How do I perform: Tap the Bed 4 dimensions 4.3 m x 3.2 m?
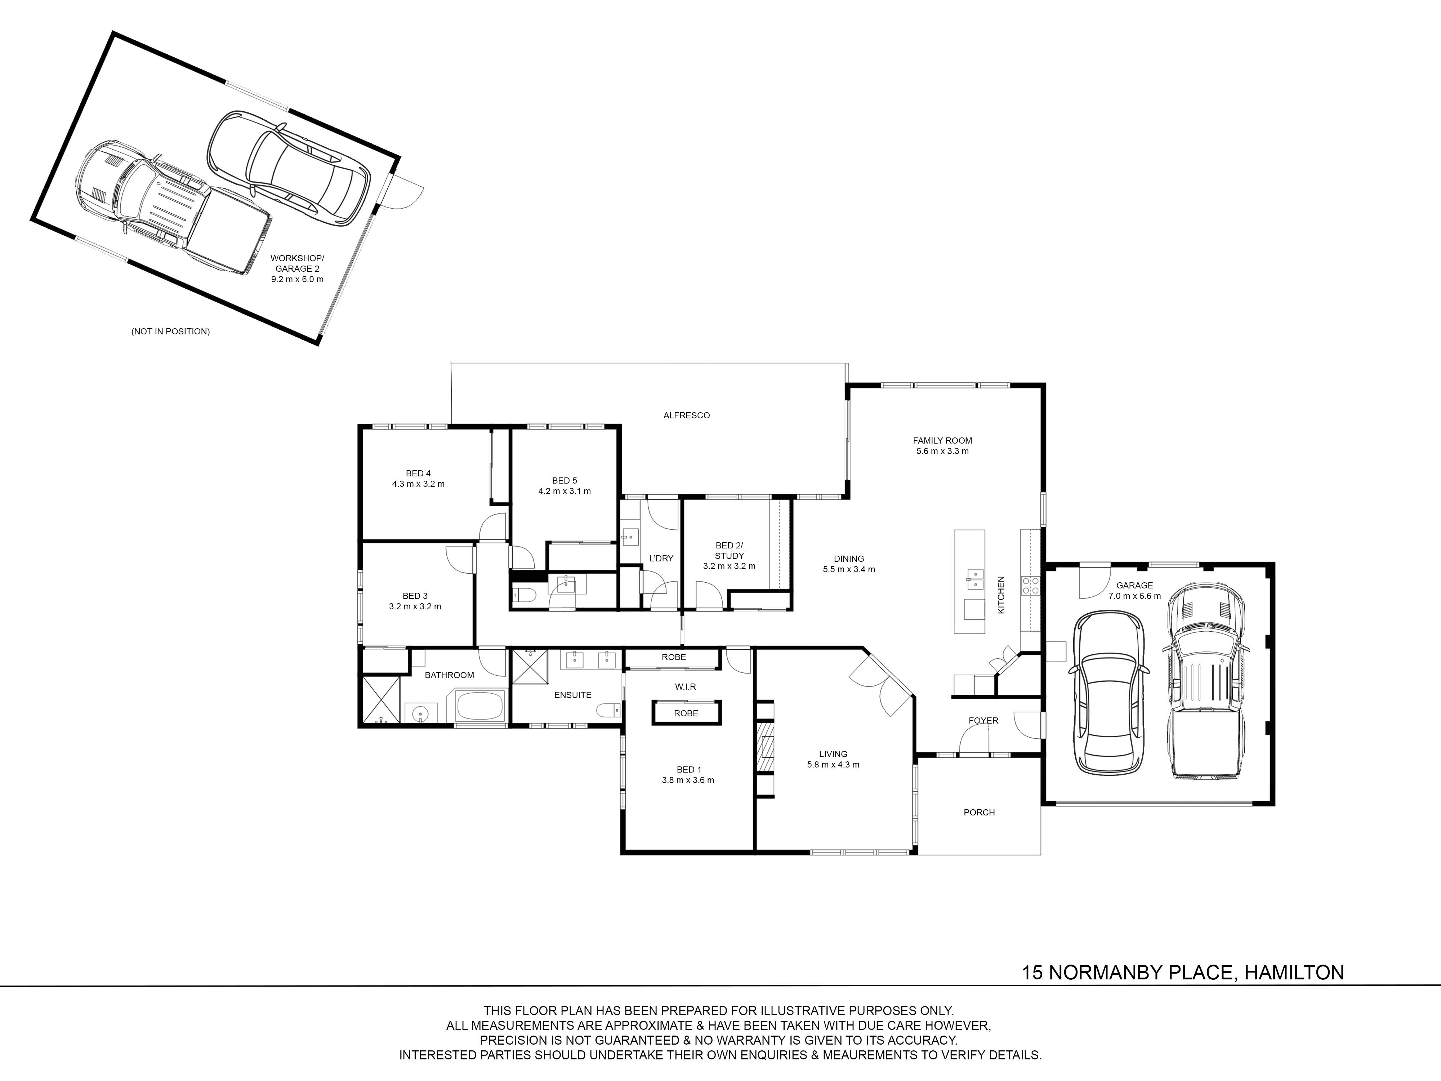click(x=418, y=484)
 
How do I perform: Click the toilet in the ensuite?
click(x=610, y=710)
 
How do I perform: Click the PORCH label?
click(x=979, y=813)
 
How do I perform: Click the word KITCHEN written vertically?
click(x=1001, y=594)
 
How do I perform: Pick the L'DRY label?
click(x=661, y=559)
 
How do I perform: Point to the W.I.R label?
click(x=685, y=687)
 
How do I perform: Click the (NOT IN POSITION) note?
click(x=171, y=332)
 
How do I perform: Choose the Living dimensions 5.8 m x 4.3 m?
click(x=833, y=765)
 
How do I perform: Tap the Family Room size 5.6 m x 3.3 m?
click(x=942, y=451)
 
